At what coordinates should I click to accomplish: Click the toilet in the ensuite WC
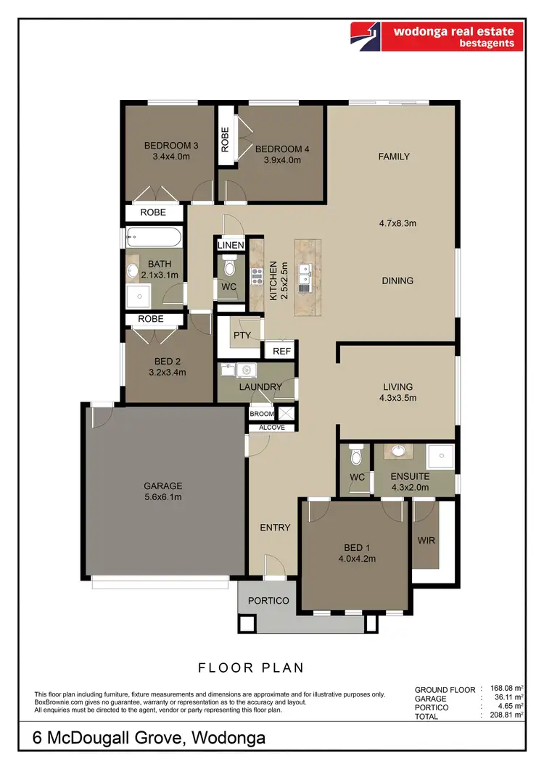pyautogui.click(x=355, y=457)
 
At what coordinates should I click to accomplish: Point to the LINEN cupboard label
pyautogui.click(x=231, y=246)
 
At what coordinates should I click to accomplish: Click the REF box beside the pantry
pyautogui.click(x=281, y=351)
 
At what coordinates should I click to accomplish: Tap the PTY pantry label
pyautogui.click(x=242, y=336)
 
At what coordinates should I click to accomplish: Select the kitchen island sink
pyautogui.click(x=306, y=276)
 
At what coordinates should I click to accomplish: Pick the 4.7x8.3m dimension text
pyautogui.click(x=397, y=223)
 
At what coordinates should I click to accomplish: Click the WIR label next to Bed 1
pyautogui.click(x=426, y=541)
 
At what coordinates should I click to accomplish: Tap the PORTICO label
pyautogui.click(x=268, y=601)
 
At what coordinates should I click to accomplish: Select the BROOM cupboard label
pyautogui.click(x=262, y=414)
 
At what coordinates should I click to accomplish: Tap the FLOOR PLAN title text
pyautogui.click(x=251, y=668)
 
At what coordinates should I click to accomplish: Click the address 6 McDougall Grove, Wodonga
pyautogui.click(x=149, y=739)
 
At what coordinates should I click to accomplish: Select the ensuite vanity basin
pyautogui.click(x=398, y=452)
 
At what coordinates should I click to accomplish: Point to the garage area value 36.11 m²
pyautogui.click(x=506, y=698)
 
